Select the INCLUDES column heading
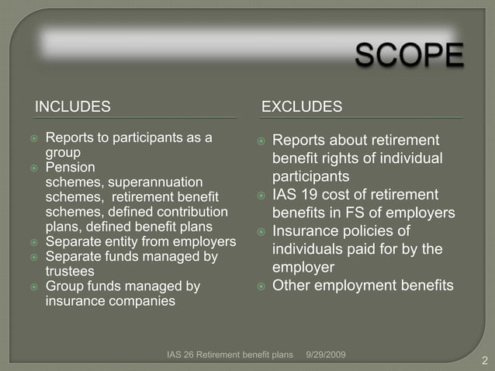[73, 106]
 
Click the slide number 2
[484, 360]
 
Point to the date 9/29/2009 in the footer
[326, 355]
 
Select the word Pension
[71, 168]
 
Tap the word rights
[337, 158]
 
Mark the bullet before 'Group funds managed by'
[34, 287]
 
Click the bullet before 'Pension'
[34, 168]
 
